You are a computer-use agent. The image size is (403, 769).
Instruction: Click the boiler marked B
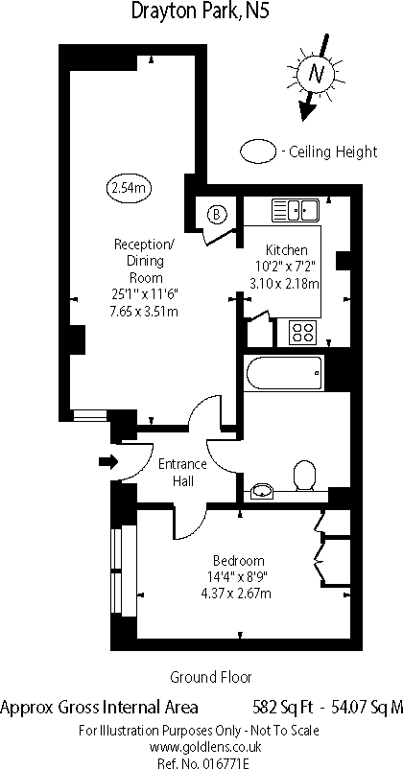click(218, 215)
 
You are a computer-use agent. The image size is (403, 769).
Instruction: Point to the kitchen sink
click(295, 209)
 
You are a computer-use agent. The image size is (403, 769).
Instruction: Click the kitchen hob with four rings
click(303, 333)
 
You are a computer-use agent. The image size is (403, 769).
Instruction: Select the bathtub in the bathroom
click(282, 373)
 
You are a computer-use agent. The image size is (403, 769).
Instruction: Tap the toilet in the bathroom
click(305, 476)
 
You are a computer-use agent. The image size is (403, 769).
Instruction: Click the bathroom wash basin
click(261, 493)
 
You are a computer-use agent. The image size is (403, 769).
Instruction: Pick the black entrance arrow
click(107, 463)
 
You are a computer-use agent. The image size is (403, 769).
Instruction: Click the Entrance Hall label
click(182, 473)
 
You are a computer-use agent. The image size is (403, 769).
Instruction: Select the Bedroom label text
click(239, 560)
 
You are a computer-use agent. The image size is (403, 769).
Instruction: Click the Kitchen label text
click(285, 247)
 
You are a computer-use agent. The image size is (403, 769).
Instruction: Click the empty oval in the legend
click(257, 151)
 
